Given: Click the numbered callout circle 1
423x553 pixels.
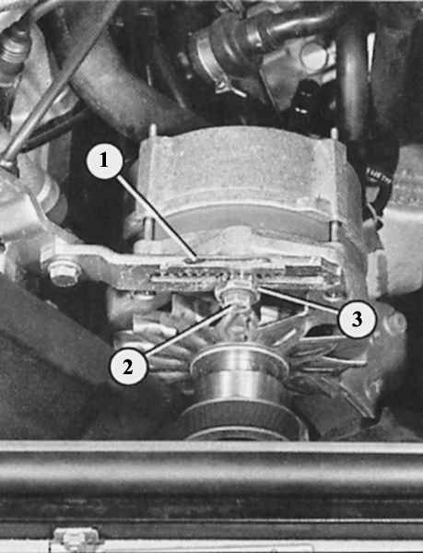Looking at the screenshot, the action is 105,160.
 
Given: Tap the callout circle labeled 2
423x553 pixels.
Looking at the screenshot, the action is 128,366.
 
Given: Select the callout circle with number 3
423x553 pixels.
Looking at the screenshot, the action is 357,319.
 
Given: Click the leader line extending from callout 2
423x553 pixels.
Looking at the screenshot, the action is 190,329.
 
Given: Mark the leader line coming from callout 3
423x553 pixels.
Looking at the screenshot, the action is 299,300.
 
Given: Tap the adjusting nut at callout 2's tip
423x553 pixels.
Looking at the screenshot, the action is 234,296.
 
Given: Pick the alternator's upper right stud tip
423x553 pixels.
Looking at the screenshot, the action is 334,133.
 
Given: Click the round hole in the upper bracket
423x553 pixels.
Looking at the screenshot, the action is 314,56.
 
